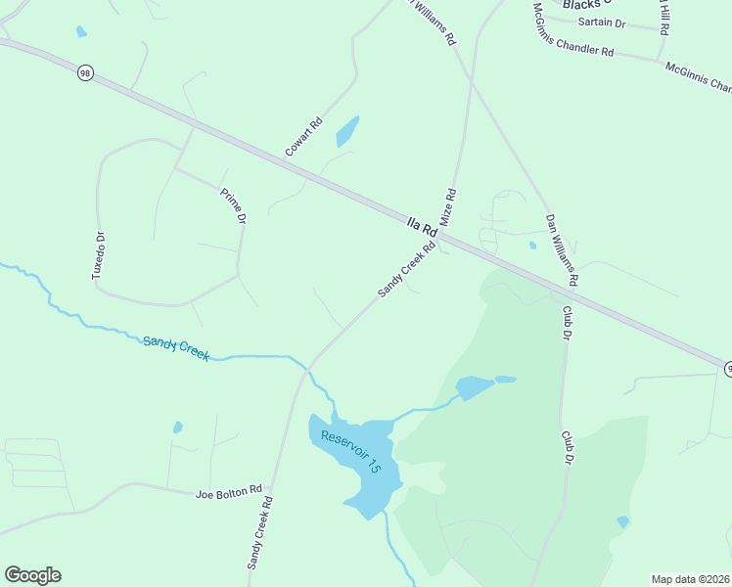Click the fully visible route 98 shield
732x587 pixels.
click(x=85, y=73)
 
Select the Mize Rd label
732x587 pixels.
click(x=450, y=208)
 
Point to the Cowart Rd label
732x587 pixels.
click(x=303, y=138)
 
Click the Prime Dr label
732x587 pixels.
click(x=232, y=206)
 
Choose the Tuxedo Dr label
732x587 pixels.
click(x=98, y=256)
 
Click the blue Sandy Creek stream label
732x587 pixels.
click(x=176, y=347)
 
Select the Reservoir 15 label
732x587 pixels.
click(x=349, y=451)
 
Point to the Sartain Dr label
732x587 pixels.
click(x=601, y=22)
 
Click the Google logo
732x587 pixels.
click(x=32, y=575)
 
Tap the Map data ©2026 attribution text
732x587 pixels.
click(x=690, y=579)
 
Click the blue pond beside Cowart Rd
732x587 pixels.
click(x=347, y=131)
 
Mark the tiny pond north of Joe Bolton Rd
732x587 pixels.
click(x=177, y=427)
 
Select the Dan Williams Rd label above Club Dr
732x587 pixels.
click(x=563, y=250)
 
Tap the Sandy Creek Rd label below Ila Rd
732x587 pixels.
click(x=407, y=271)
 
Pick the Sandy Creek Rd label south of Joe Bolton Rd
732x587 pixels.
click(x=259, y=533)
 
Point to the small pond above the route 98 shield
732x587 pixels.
click(x=81, y=31)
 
